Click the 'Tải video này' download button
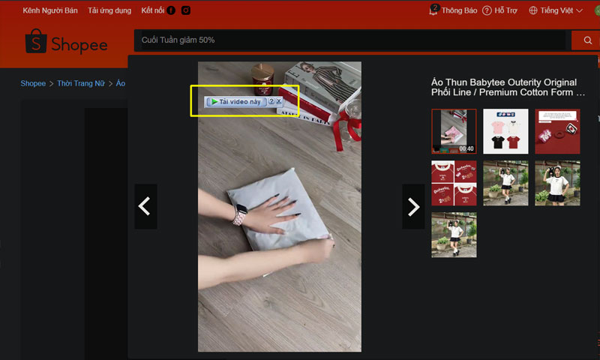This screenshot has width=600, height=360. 236,101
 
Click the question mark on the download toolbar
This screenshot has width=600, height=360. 271,101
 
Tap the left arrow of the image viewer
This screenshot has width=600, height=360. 145,206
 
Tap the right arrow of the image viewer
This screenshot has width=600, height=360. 413,206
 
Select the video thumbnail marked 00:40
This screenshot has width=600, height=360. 454,131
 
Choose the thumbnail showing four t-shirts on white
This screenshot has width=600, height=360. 505,131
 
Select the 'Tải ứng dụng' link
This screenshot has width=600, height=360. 109,10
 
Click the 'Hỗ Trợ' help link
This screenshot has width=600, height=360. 504,10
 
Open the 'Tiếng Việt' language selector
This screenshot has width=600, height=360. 556,10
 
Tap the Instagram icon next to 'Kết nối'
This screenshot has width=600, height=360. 185,10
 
